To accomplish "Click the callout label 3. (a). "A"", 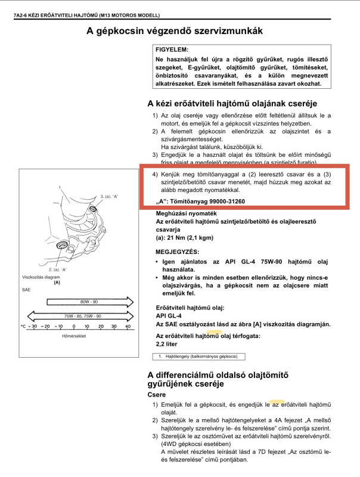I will point(110,196).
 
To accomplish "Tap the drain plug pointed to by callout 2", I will point(61,246).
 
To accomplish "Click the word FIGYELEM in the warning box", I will point(172,49).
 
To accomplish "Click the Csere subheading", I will point(157,395).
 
